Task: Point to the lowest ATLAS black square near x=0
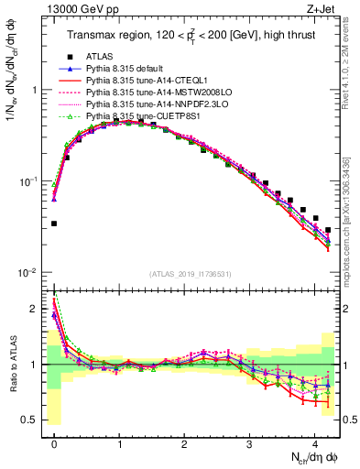(54, 224)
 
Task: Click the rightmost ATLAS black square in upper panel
(328, 230)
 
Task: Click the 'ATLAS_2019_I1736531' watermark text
(191, 274)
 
